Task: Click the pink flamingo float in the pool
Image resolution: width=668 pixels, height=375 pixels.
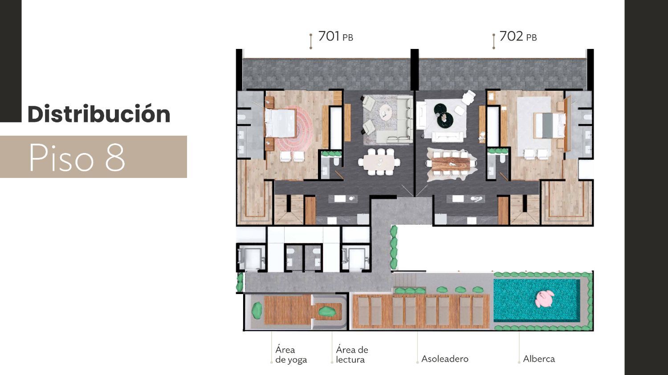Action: (x=544, y=299)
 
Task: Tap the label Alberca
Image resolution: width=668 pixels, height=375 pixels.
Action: (x=539, y=359)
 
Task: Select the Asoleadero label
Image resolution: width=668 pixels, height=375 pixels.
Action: (x=444, y=359)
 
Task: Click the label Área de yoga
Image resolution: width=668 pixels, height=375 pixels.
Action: (x=291, y=355)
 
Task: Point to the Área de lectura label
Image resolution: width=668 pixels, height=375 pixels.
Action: (x=352, y=355)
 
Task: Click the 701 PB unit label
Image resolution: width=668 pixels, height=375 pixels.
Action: (x=335, y=36)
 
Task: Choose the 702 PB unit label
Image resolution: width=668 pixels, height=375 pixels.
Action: (x=518, y=36)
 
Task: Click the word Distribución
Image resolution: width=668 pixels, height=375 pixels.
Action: (x=99, y=114)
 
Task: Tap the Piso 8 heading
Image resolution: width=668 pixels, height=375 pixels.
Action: (x=77, y=157)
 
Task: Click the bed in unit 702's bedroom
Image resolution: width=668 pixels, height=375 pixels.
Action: (x=549, y=125)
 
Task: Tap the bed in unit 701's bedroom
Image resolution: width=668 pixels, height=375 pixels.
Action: (x=281, y=124)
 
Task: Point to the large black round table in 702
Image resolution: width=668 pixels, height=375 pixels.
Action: (x=445, y=120)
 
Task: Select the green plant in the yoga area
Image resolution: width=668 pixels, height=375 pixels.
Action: (x=257, y=310)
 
